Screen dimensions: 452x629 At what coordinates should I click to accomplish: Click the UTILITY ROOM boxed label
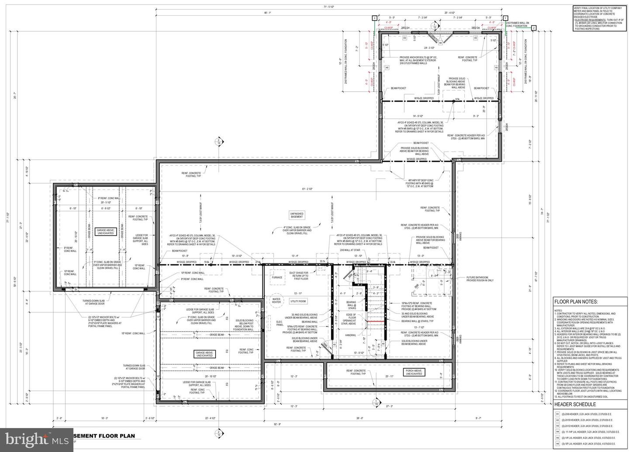pyautogui.click(x=298, y=301)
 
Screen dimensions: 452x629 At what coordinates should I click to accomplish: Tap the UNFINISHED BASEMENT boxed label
pyautogui.click(x=297, y=215)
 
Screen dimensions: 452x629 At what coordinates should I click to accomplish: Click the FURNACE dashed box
pyautogui.click(x=277, y=277)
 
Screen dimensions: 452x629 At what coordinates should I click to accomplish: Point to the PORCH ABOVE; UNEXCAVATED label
pyautogui.click(x=413, y=372)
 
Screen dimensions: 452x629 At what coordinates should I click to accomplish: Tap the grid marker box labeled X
pyautogui.click(x=374, y=18)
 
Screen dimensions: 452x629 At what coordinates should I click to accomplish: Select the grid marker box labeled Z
pyautogui.click(x=533, y=27)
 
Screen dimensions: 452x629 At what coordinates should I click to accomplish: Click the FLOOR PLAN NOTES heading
pyautogui.click(x=576, y=301)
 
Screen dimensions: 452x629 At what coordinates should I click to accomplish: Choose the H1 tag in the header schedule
pyautogui.click(x=557, y=414)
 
